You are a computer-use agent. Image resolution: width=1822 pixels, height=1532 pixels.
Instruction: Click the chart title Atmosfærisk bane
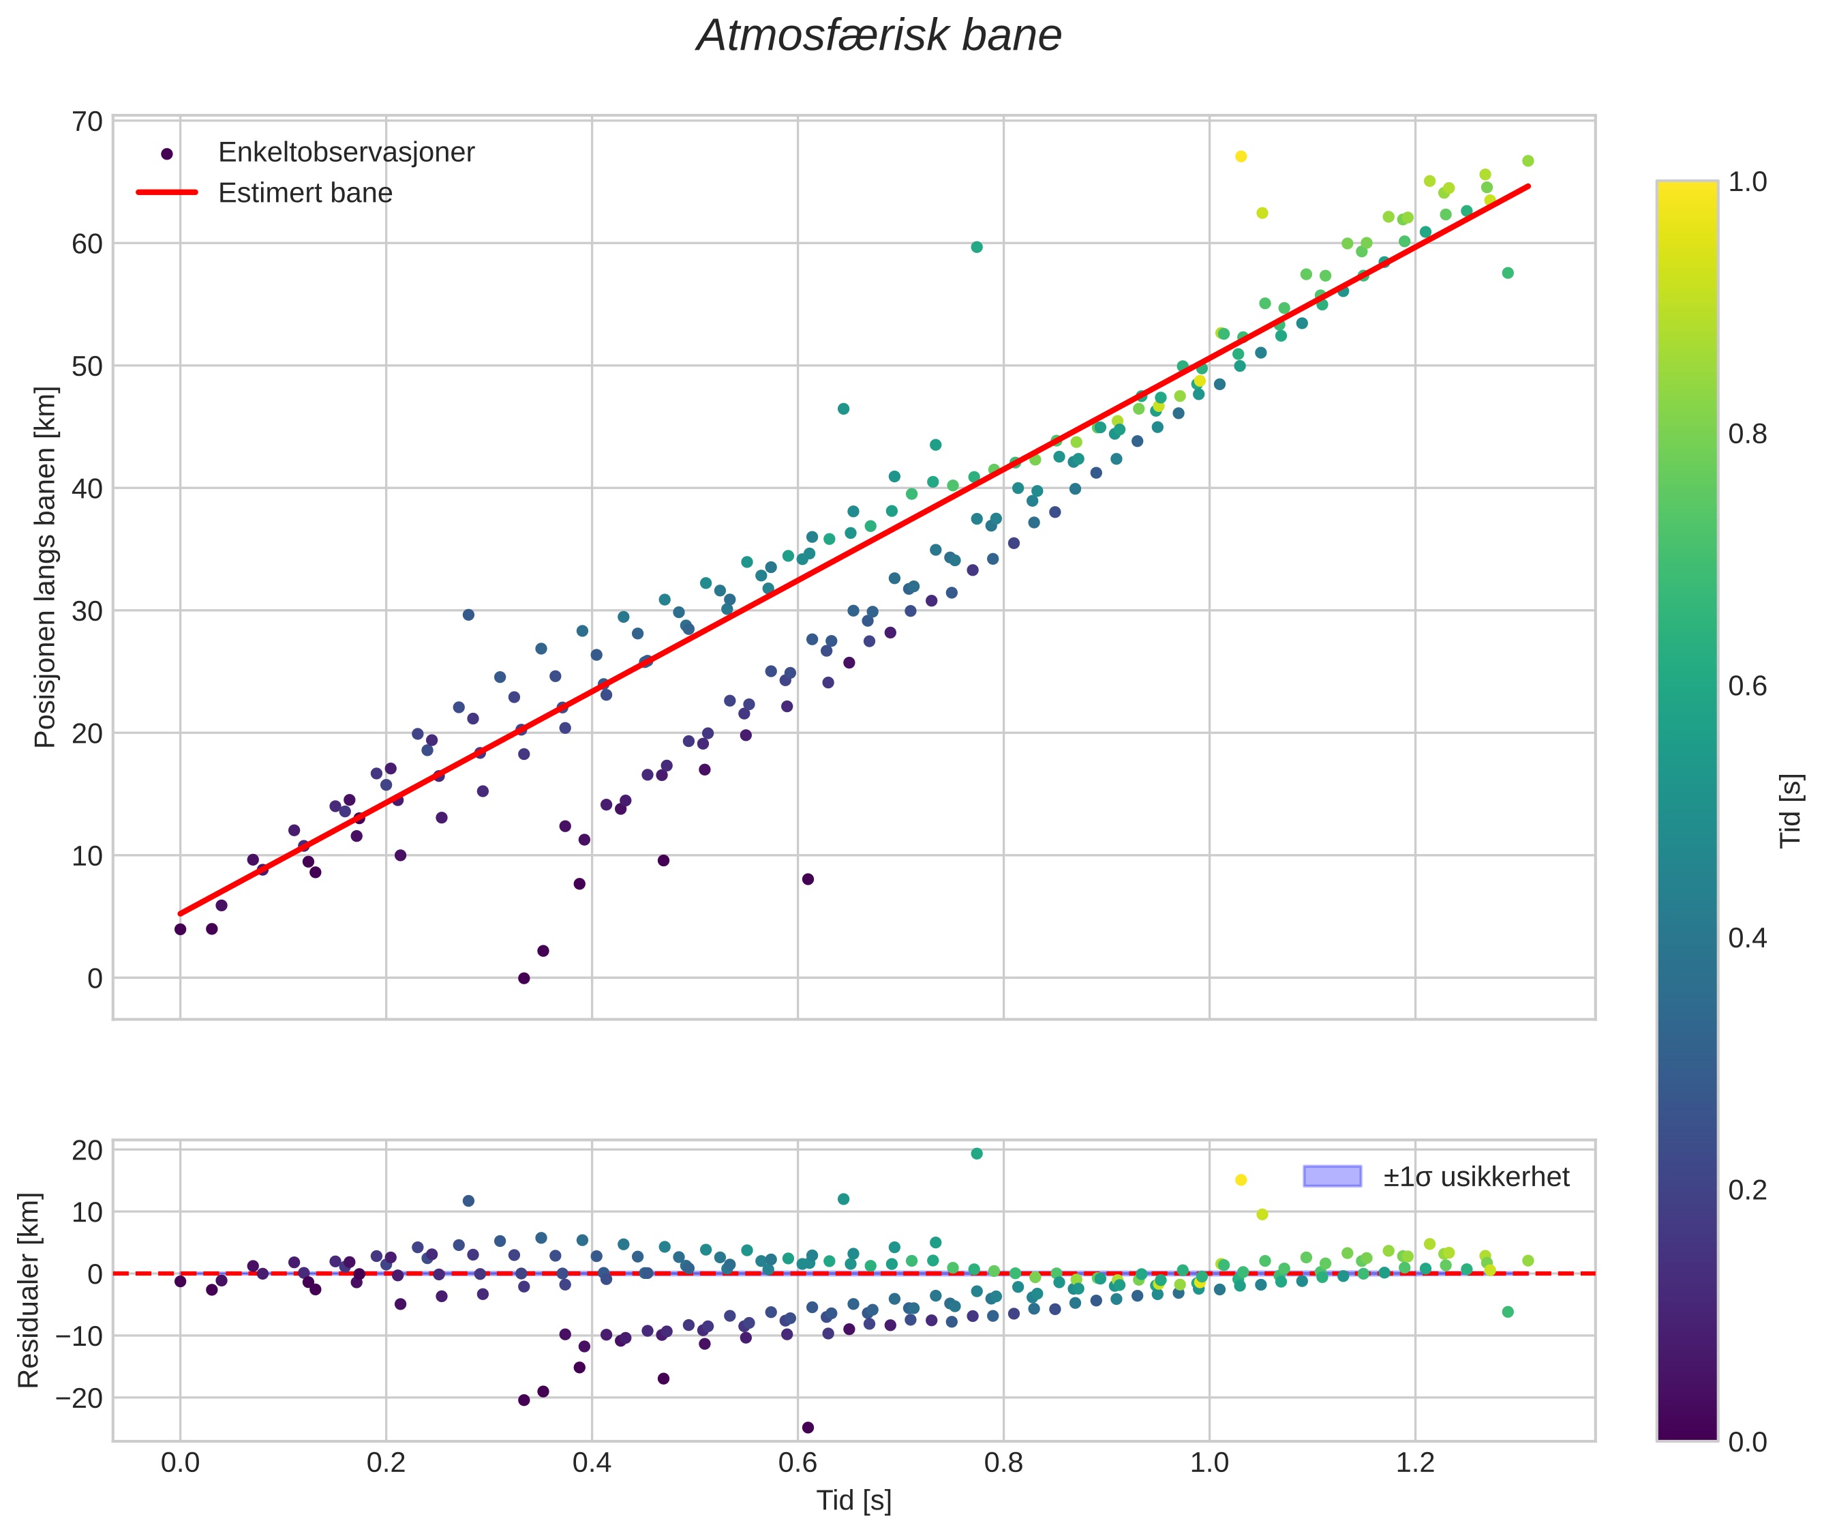(x=879, y=36)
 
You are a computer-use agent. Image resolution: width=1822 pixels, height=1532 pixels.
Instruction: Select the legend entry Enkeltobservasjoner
(x=346, y=153)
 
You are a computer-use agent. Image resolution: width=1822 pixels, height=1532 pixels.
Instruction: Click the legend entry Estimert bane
(x=305, y=193)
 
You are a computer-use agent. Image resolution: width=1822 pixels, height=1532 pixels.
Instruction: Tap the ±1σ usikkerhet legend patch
(x=1331, y=1177)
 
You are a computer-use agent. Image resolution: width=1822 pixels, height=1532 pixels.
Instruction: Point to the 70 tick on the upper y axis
(x=87, y=121)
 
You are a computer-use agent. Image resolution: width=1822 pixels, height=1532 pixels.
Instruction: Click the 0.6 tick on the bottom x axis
(x=798, y=1463)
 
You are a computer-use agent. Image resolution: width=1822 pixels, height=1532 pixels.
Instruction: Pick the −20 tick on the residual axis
(x=78, y=1399)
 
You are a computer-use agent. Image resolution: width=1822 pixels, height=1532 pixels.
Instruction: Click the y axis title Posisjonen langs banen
(x=45, y=567)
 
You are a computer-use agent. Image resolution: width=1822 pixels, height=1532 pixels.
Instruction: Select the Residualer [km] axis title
(x=29, y=1291)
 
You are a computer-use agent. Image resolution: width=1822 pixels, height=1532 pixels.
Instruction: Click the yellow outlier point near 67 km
(x=1241, y=156)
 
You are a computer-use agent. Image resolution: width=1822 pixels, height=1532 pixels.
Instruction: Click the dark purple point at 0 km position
(x=523, y=979)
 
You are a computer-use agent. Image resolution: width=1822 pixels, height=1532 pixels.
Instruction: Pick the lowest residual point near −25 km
(x=807, y=1428)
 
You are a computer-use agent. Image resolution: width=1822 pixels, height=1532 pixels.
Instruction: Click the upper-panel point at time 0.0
(x=181, y=929)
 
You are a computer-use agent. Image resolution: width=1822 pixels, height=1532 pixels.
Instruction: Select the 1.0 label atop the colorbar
(x=1746, y=181)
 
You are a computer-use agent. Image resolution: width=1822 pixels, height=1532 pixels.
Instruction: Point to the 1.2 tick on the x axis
(x=1415, y=1463)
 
